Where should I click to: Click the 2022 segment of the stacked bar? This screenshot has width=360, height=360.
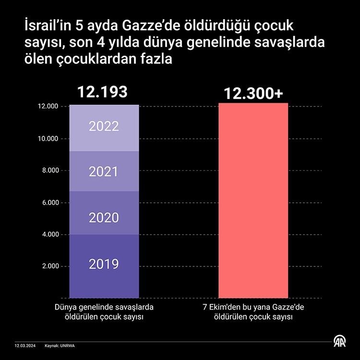[x=104, y=127]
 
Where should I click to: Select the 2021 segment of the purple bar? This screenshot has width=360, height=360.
[x=104, y=171]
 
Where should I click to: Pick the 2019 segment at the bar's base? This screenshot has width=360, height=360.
[x=104, y=264]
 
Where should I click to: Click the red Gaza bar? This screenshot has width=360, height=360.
[x=253, y=202]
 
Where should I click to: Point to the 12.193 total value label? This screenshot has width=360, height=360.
[x=104, y=92]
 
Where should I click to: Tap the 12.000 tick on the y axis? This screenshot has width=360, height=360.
[x=47, y=107]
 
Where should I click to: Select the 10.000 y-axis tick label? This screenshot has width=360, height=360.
[x=47, y=139]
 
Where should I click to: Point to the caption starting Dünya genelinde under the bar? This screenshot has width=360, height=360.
[x=104, y=312]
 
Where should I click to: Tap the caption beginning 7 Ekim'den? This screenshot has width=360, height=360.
[x=253, y=312]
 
